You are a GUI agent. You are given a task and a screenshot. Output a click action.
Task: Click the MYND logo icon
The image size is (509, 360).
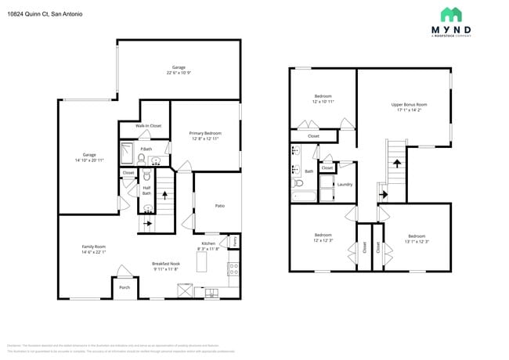click(450, 14)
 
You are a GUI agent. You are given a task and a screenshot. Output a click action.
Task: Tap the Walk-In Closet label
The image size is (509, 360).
click(148, 125)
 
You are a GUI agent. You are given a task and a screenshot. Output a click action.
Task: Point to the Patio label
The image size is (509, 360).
click(220, 205)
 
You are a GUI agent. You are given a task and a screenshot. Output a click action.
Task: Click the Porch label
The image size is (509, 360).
click(125, 287)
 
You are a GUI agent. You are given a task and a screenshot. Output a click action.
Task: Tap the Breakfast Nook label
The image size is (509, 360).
click(166, 265)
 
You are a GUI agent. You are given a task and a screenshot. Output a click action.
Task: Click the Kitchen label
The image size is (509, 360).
click(208, 243)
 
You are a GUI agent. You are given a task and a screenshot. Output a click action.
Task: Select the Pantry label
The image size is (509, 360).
click(234, 242)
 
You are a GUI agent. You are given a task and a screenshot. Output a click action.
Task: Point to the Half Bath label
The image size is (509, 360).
click(146, 190)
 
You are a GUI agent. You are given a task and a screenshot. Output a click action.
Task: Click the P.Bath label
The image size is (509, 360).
click(145, 149)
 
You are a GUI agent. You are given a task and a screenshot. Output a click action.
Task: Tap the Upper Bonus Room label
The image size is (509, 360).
click(409, 104)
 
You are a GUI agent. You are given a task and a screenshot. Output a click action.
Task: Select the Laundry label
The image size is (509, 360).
click(345, 184)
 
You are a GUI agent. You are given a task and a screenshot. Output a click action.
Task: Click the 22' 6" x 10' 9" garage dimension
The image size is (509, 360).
click(179, 72)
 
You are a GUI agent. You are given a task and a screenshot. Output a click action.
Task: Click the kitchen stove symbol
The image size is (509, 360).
click(233, 269)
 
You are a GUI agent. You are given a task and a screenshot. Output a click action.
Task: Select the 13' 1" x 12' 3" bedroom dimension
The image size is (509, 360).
click(416, 240)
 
